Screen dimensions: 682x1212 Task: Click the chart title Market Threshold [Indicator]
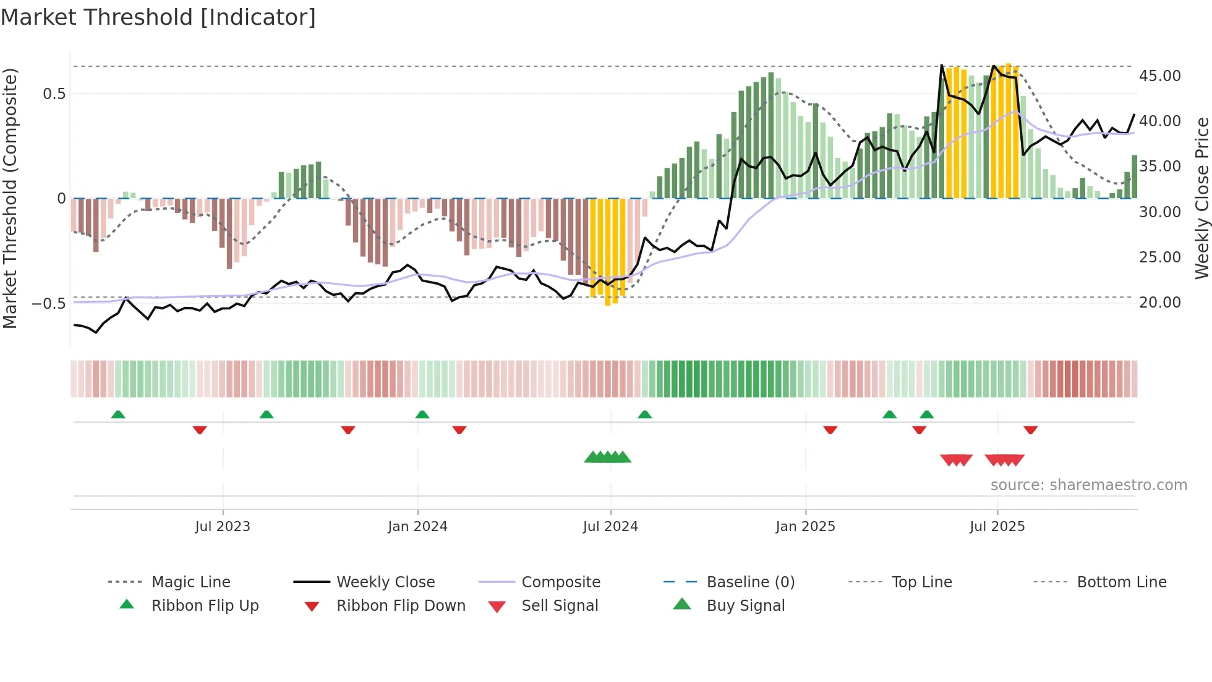coord(158,17)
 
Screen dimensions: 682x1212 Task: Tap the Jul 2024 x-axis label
coord(610,527)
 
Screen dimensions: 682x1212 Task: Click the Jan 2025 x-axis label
coord(805,527)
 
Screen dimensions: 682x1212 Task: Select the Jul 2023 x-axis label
coord(223,527)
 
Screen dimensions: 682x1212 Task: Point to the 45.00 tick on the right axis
coord(1159,76)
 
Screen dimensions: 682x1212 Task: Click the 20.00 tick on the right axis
coord(1159,302)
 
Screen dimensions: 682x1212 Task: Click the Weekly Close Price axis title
coord(1201,198)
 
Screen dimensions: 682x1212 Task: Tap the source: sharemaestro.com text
coord(1088,485)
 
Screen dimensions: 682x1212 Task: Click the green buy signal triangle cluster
coord(608,457)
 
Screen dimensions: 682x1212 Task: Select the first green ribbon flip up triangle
coord(118,414)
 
